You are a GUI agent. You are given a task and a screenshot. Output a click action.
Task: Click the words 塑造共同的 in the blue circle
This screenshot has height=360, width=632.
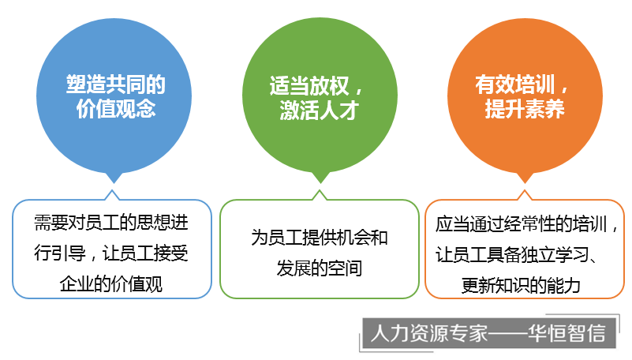coord(116,84)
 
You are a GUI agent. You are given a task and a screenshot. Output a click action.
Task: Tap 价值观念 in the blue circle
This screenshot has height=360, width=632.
coord(116,108)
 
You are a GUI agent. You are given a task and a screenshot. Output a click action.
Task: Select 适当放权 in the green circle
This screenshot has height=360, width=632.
coord(309,86)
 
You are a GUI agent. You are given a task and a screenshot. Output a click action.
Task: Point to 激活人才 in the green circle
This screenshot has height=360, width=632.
coord(320,110)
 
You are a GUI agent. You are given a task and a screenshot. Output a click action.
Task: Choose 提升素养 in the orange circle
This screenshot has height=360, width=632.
coord(525,108)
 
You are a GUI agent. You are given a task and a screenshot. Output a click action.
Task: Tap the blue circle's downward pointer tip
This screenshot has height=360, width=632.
coord(114,183)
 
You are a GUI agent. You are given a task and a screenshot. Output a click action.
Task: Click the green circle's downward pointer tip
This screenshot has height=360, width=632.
coord(320,183)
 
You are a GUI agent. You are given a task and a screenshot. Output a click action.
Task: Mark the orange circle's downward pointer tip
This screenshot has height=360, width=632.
coord(525,183)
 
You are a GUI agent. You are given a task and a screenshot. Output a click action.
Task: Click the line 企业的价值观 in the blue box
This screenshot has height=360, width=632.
coord(111,284)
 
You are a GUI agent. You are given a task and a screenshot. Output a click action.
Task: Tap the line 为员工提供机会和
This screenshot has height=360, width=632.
coord(320,238)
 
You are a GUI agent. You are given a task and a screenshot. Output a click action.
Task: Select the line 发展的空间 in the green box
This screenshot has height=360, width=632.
coord(320,268)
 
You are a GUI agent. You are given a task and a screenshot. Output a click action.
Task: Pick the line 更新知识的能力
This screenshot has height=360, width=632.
coord(521,286)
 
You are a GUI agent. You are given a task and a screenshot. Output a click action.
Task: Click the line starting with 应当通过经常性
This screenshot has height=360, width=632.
coord(526,224)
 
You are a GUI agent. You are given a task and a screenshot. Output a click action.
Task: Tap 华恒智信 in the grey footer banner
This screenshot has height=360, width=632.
coord(567,333)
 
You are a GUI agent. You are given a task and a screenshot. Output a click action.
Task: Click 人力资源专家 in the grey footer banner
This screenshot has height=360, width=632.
coord(429,333)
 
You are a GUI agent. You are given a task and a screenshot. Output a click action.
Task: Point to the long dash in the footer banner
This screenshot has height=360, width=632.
coord(508,334)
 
